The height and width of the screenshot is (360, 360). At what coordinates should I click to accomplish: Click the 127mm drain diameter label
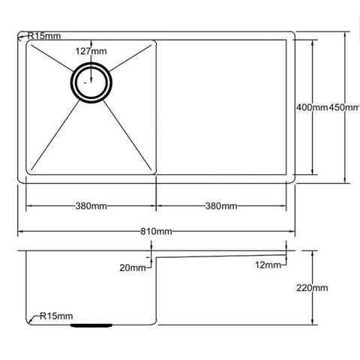pyautogui.click(x=91, y=51)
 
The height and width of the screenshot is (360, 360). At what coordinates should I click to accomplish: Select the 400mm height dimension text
pyautogui.click(x=312, y=108)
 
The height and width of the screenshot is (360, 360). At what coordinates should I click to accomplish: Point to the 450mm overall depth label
pyautogui.click(x=343, y=108)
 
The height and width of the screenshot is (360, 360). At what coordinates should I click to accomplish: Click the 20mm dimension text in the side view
pyautogui.click(x=133, y=267)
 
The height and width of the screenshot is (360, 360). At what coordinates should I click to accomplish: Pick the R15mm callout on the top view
pyautogui.click(x=45, y=35)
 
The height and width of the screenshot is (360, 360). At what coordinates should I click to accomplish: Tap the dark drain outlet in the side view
pyautogui.click(x=91, y=325)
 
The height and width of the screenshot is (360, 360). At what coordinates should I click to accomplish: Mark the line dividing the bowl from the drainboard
pyautogui.click(x=155, y=105)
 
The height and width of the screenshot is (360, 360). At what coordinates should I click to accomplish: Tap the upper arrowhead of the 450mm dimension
pyautogui.click(x=344, y=34)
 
